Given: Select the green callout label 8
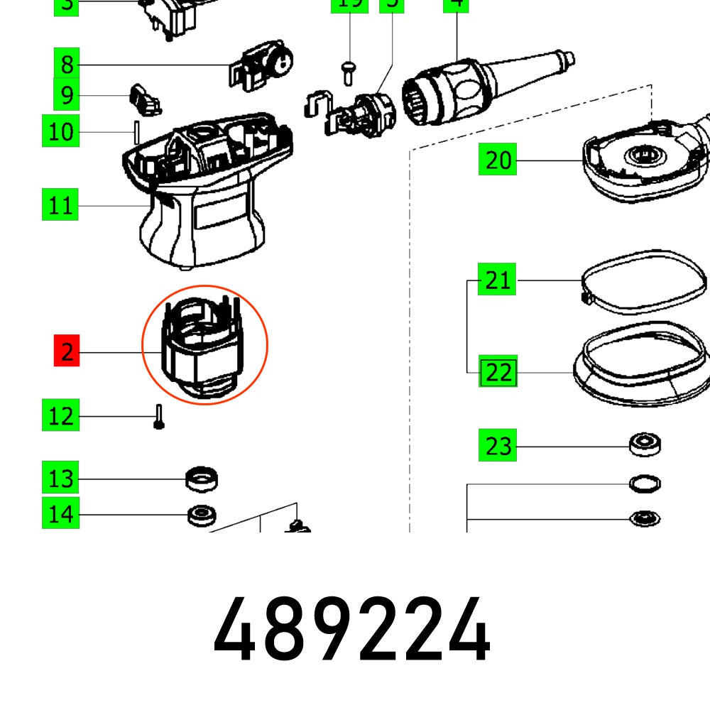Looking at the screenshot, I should [66, 65].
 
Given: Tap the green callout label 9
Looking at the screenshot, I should [66, 95].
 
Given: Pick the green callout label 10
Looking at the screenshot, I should [61, 131].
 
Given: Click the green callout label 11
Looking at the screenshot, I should [60, 206].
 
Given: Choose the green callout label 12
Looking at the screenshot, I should [60, 416].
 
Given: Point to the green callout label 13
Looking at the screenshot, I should [60, 479].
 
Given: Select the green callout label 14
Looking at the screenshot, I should [60, 513].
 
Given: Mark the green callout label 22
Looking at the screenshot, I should [498, 372].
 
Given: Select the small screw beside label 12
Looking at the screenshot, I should [158, 416].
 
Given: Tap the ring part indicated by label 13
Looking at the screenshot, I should [201, 479].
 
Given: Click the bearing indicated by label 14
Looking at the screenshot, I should [201, 514].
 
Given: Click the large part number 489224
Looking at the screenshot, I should [351, 630].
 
